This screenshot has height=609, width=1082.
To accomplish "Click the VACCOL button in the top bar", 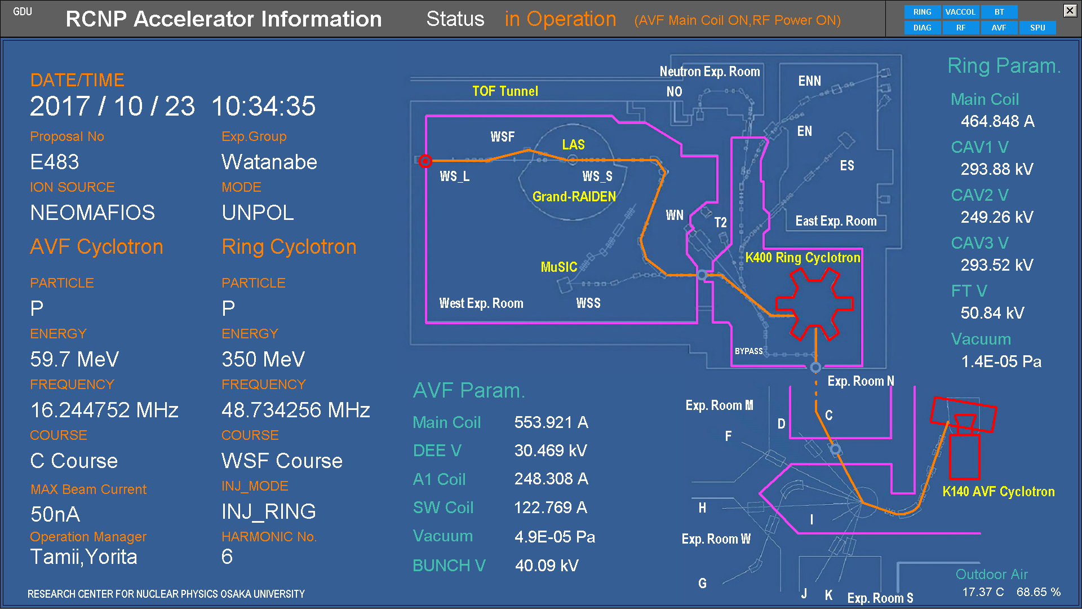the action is click(x=960, y=12).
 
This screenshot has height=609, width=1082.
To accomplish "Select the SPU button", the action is click(x=1037, y=28).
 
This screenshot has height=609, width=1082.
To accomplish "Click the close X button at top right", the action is click(x=1070, y=10).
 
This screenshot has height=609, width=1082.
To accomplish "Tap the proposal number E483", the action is click(x=55, y=162).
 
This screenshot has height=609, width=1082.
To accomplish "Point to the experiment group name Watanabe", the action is click(x=269, y=162).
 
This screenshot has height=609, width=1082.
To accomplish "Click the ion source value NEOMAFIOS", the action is click(x=92, y=213).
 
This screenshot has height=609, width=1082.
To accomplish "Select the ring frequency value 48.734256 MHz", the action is click(x=296, y=411).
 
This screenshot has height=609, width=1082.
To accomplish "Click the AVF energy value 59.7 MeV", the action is click(x=74, y=360).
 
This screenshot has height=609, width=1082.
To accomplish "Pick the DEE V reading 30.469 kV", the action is click(x=551, y=451).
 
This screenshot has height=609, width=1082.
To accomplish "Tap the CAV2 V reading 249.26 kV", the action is click(x=997, y=217).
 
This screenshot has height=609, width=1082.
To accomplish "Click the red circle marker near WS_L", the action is click(x=425, y=161).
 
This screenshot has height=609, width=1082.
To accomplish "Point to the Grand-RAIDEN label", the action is click(x=574, y=197).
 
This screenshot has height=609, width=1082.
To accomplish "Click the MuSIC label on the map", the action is click(x=559, y=267).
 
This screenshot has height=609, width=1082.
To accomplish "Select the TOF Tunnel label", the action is click(x=505, y=91).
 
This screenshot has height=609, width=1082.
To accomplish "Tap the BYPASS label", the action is click(x=748, y=351).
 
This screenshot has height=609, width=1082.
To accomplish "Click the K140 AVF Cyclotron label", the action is click(x=998, y=492).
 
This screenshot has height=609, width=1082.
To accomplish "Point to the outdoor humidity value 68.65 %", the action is click(x=1039, y=592).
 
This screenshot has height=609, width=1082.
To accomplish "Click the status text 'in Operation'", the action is click(x=560, y=19).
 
